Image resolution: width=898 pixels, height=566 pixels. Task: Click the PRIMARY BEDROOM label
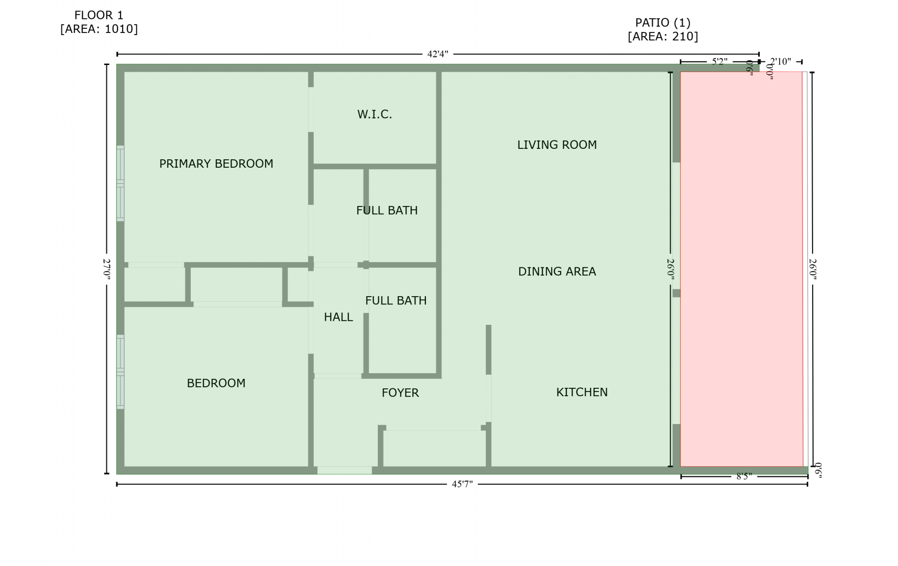click(x=216, y=164)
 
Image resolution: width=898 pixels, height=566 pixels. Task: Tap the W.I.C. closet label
click(x=375, y=115)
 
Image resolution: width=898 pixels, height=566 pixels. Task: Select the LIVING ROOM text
click(x=557, y=145)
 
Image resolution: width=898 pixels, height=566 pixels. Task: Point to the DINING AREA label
click(x=557, y=271)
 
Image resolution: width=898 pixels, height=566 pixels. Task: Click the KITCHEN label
click(x=582, y=393)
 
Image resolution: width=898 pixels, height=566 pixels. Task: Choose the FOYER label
click(x=400, y=393)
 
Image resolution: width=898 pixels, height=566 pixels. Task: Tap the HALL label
click(x=338, y=317)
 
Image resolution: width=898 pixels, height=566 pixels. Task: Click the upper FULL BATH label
click(x=387, y=211)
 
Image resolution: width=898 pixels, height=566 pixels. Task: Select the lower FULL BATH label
click(x=396, y=300)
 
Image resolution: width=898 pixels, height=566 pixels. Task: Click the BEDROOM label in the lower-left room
click(x=216, y=384)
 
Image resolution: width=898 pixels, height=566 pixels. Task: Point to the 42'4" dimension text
click(x=437, y=54)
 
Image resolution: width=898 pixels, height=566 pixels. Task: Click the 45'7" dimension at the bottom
click(x=462, y=484)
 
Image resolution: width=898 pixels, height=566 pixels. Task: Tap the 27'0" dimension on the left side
click(x=107, y=269)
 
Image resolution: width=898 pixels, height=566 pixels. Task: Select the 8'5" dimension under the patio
click(x=744, y=476)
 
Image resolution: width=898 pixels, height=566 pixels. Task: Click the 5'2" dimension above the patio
click(x=719, y=62)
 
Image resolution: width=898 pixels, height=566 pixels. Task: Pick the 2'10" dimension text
click(x=781, y=62)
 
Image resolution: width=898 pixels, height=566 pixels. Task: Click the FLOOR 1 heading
click(x=99, y=15)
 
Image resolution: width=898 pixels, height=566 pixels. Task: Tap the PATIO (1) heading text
click(x=663, y=23)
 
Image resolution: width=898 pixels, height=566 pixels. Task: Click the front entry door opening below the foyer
click(x=345, y=470)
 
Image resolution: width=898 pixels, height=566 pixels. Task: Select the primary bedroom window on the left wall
click(x=121, y=183)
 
